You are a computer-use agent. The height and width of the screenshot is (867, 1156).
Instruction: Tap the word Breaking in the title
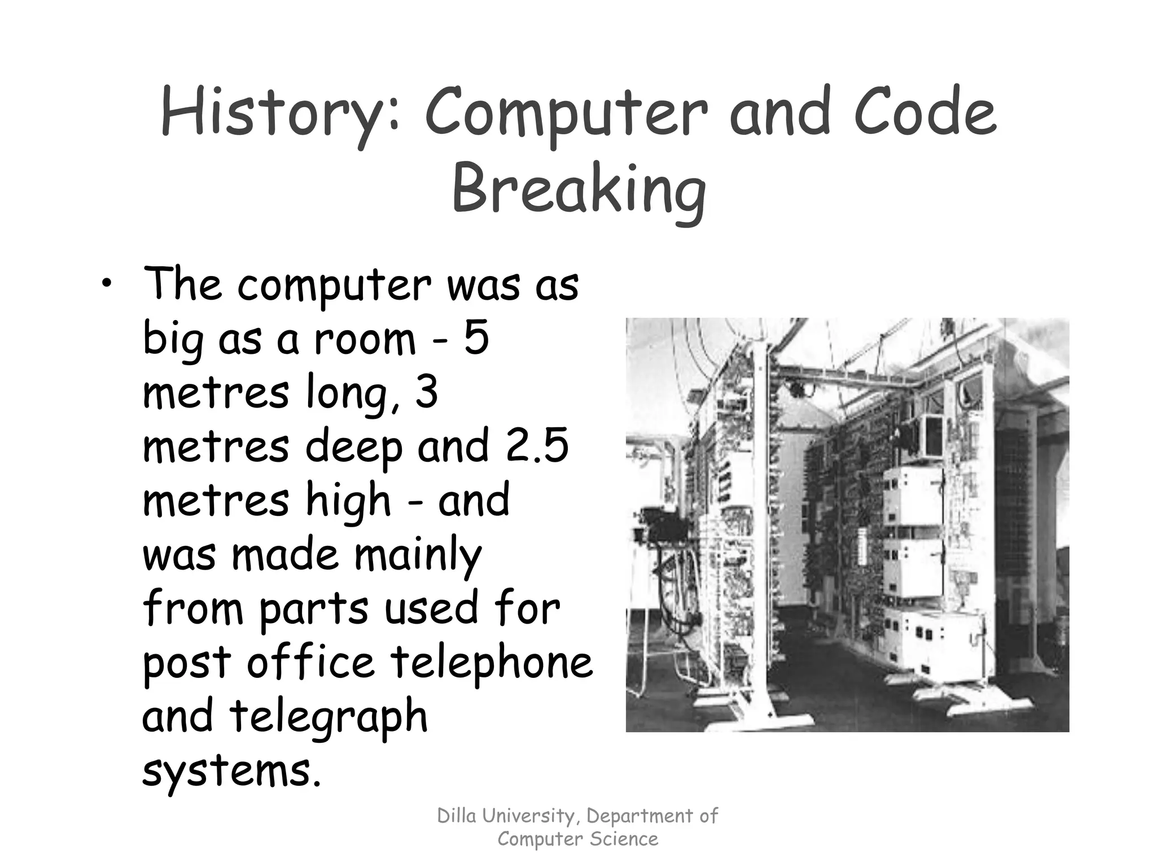(578, 189)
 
